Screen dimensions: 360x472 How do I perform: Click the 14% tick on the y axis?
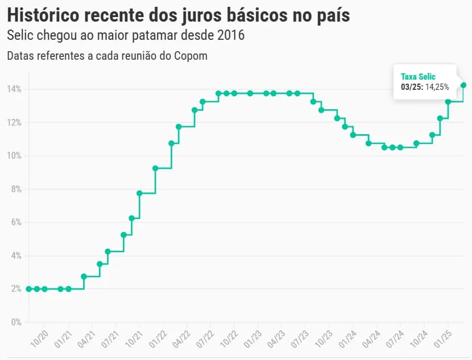point(14,89)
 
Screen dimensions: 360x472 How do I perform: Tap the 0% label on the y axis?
point(16,322)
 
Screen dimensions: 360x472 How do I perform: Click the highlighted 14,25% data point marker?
point(463,85)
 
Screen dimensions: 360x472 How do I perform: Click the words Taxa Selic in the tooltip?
point(418,76)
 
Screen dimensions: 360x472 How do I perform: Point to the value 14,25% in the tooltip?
point(437,87)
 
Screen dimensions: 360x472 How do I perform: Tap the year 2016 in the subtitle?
point(230,35)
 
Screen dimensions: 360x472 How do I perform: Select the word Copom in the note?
point(192,56)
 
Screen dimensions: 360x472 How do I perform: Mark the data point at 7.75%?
point(139,193)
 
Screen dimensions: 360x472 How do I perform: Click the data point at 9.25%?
point(155,168)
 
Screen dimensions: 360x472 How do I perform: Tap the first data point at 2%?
point(29,289)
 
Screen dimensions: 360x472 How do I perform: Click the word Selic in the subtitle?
point(20,35)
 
